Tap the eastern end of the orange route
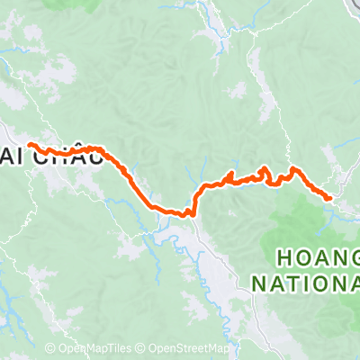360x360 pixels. [329, 197]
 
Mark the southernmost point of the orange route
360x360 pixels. [191, 215]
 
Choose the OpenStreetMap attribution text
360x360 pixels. [190, 348]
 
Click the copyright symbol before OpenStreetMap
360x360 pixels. [142, 348]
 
